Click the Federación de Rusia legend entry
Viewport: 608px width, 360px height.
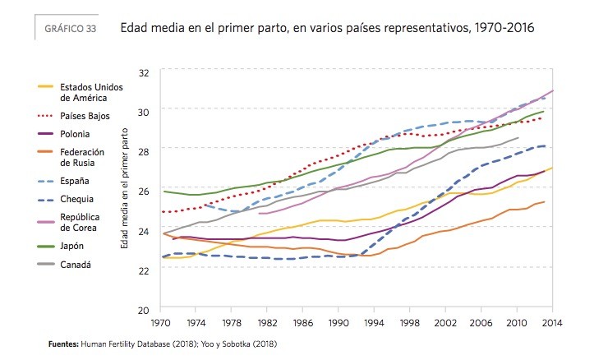(x=84, y=156)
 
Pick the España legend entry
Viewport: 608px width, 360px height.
(x=74, y=180)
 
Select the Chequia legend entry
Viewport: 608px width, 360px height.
(x=76, y=199)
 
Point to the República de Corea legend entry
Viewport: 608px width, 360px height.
(x=83, y=222)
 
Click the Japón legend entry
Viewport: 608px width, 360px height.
(x=72, y=244)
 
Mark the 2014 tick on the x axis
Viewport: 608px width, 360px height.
(x=550, y=324)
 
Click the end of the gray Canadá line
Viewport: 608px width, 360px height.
(x=518, y=138)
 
